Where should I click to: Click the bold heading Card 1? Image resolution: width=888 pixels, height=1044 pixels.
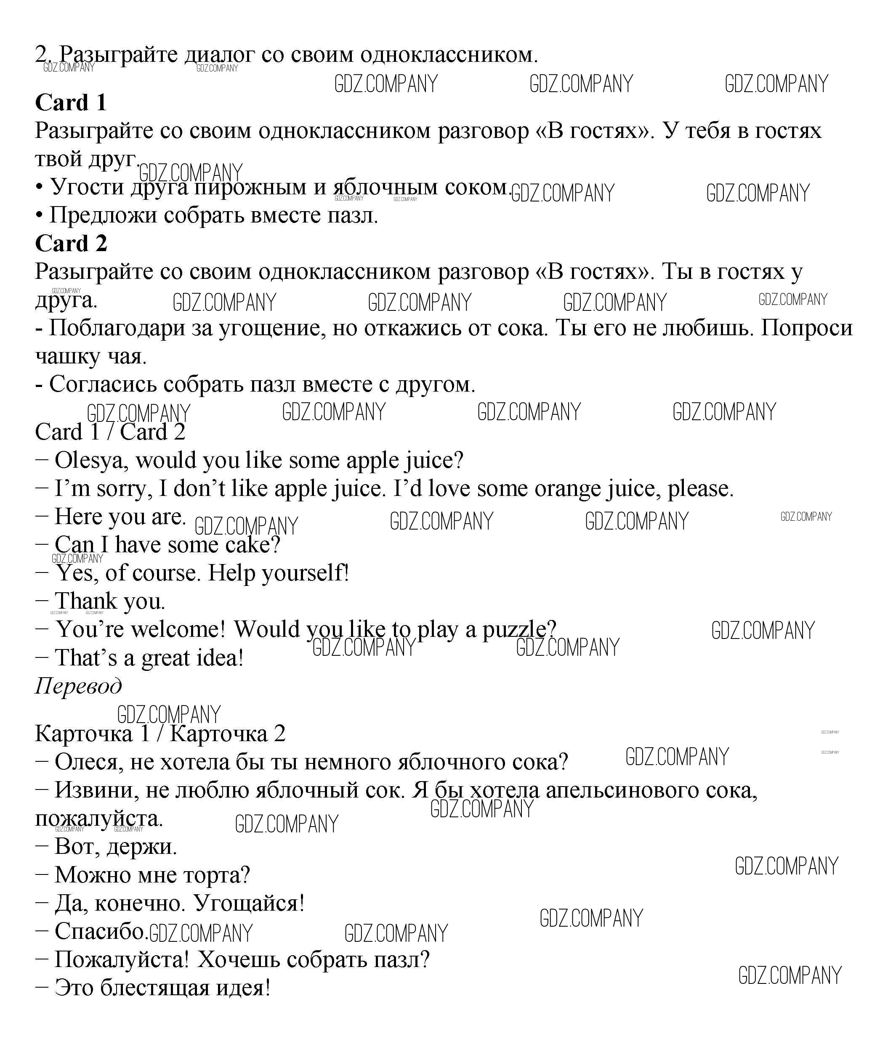tap(71, 103)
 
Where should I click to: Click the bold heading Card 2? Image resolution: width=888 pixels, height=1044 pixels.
tap(71, 244)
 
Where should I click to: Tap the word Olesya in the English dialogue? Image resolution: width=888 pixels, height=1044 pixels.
tap(88, 460)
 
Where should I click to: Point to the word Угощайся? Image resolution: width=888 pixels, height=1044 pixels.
tap(249, 903)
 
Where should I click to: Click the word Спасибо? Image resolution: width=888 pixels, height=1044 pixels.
tap(100, 931)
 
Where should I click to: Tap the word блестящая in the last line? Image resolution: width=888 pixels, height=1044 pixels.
tap(155, 988)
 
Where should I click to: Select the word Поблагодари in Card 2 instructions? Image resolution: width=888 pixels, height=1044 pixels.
tap(130, 328)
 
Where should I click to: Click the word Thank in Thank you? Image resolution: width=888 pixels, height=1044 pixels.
tap(85, 601)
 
